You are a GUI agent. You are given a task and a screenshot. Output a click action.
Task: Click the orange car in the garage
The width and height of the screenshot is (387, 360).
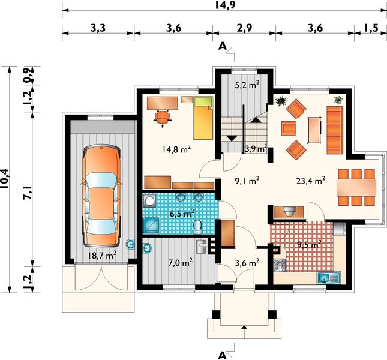click(x=100, y=195)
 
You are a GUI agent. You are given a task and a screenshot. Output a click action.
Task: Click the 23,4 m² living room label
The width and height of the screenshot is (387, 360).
click(x=311, y=179)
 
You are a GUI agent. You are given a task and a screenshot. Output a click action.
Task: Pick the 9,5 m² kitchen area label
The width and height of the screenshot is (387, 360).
click(x=309, y=244)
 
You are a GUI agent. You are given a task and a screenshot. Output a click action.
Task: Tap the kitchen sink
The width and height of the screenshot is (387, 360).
click(x=328, y=277)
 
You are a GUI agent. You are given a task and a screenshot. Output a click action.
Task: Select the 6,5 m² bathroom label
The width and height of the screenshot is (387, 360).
click(x=181, y=214)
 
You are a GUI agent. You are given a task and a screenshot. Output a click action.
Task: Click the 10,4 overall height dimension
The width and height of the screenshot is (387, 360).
click(x=6, y=178)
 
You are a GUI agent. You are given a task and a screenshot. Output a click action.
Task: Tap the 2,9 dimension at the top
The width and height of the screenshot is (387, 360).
click(x=244, y=28)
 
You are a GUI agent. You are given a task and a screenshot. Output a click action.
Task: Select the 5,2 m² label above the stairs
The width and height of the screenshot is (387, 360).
click(x=247, y=85)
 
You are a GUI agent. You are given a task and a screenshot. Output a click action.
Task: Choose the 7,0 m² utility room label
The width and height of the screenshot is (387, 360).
click(x=179, y=262)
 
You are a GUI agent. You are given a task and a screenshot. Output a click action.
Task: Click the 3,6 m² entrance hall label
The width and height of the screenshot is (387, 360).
click(x=246, y=262)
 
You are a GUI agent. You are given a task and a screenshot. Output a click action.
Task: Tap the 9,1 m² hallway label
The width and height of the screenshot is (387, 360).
click(x=246, y=179)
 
